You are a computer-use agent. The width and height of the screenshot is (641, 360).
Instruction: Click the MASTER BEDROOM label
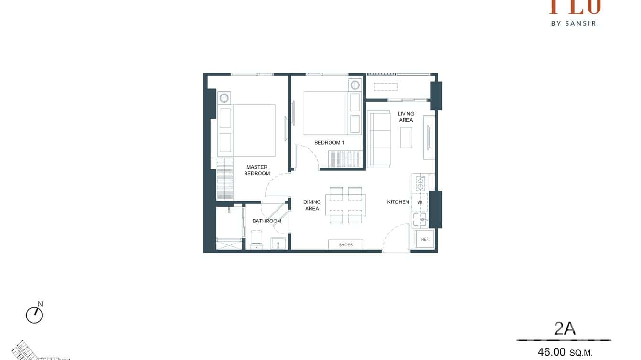click(x=257, y=170)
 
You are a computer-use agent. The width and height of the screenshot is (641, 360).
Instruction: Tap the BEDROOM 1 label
click(x=329, y=143)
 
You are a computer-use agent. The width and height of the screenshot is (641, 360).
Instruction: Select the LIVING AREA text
click(x=406, y=117)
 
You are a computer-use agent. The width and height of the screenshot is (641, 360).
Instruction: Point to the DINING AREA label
click(x=312, y=205)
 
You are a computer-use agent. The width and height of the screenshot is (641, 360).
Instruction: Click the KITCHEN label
click(x=398, y=202)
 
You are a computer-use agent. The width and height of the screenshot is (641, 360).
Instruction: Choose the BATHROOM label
click(x=267, y=221)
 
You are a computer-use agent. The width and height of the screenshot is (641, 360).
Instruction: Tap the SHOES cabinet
click(x=345, y=245)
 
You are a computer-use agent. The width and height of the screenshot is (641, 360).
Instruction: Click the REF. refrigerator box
click(x=425, y=239)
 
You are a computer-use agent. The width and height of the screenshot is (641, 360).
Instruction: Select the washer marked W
click(x=420, y=202)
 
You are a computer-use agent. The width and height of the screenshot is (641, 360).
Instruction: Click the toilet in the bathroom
click(x=256, y=240)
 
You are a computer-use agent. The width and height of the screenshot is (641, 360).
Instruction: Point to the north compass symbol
click(x=34, y=315)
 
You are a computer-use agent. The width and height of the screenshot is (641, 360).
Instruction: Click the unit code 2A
click(x=565, y=329)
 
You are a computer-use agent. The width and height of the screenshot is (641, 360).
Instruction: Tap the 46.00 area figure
click(x=552, y=352)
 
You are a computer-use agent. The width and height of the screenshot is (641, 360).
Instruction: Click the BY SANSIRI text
click(x=575, y=23)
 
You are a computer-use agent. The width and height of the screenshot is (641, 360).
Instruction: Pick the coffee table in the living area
click(x=406, y=137)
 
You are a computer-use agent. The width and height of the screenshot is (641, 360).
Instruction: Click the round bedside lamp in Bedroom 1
click(x=355, y=85)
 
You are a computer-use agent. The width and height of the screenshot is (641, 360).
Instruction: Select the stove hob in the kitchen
click(x=420, y=183)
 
